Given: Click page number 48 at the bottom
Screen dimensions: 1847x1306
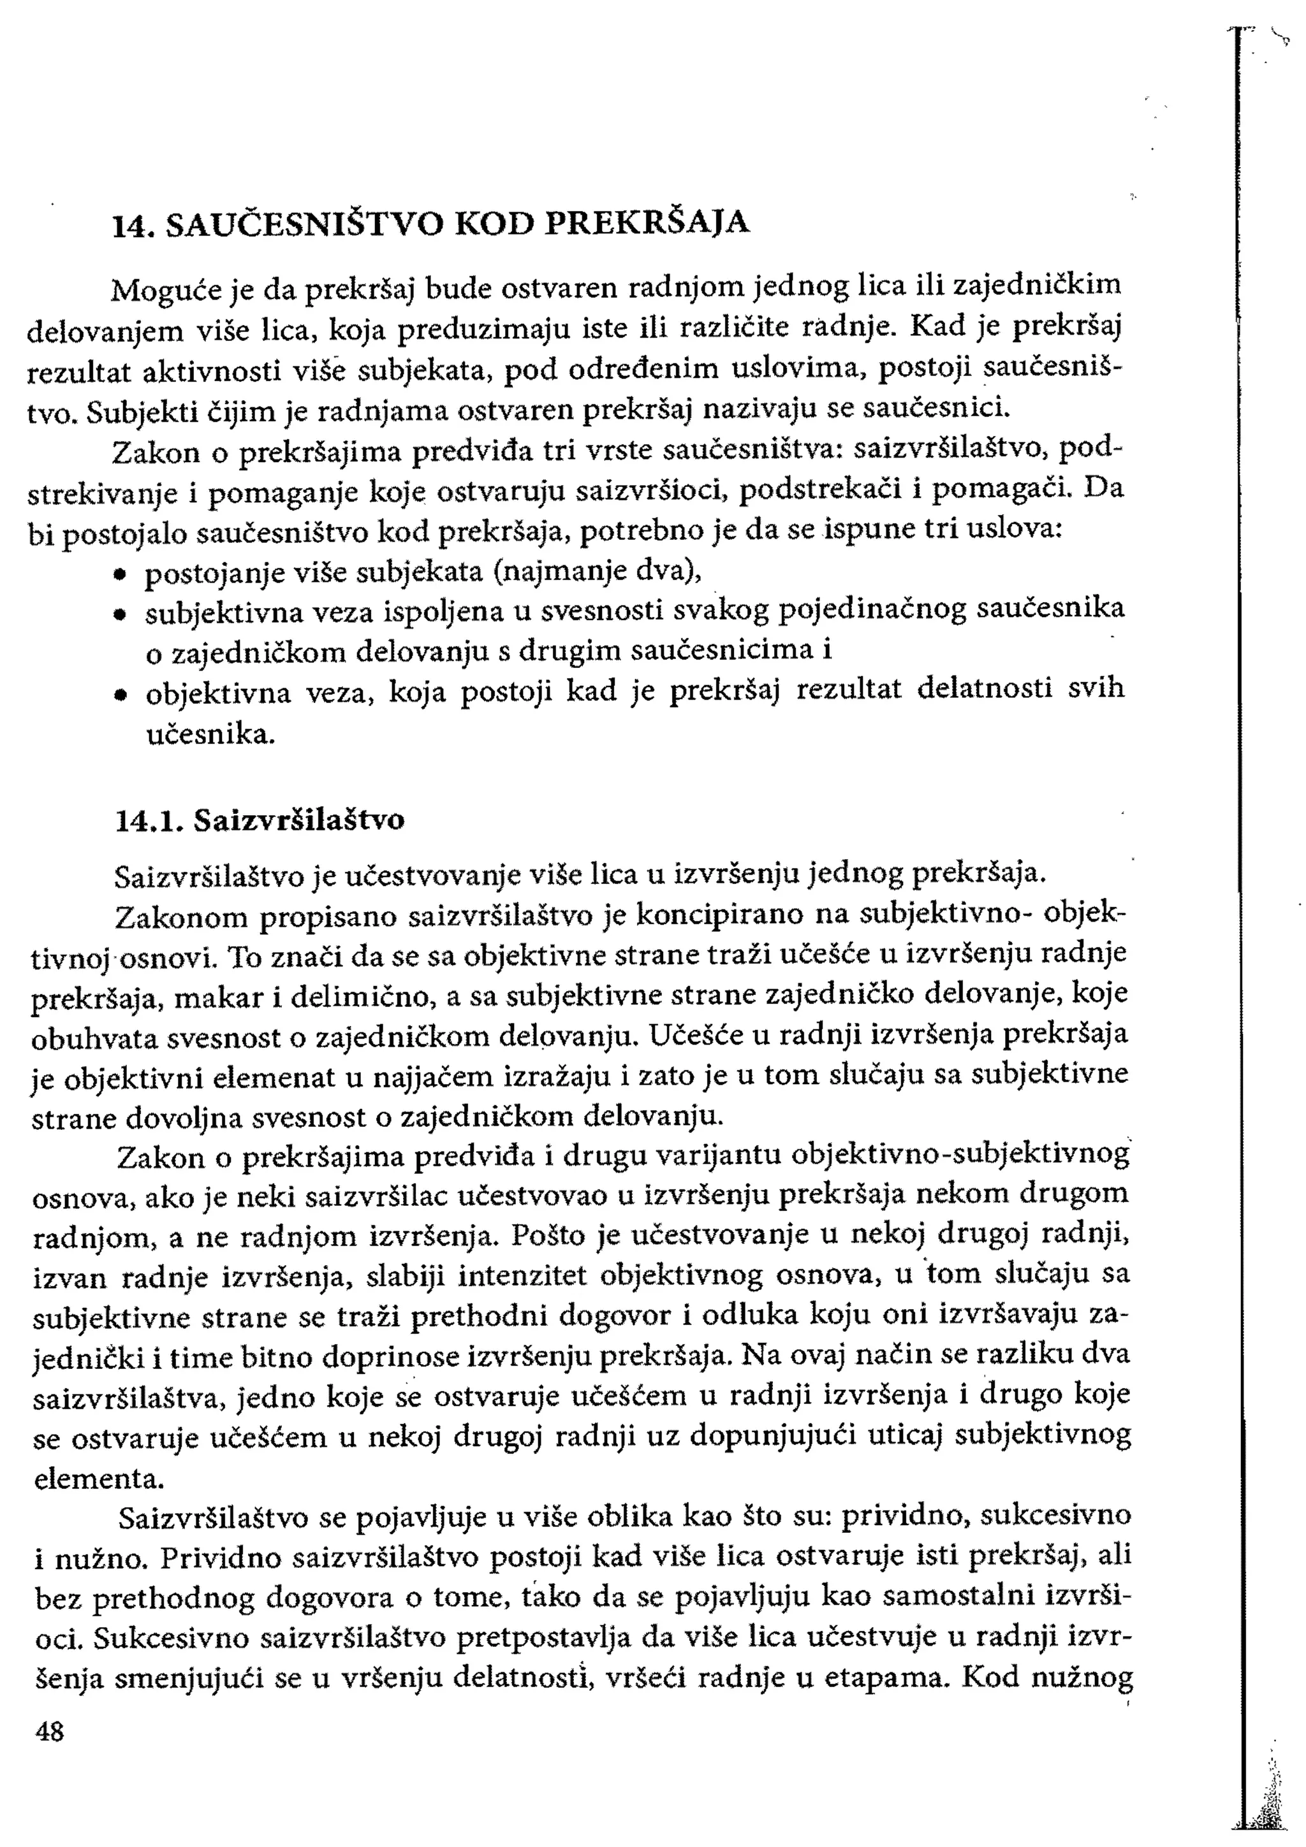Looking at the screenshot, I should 50,1730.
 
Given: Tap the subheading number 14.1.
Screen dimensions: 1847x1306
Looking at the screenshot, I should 150,820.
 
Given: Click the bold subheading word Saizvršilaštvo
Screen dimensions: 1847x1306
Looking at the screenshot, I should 299,820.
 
